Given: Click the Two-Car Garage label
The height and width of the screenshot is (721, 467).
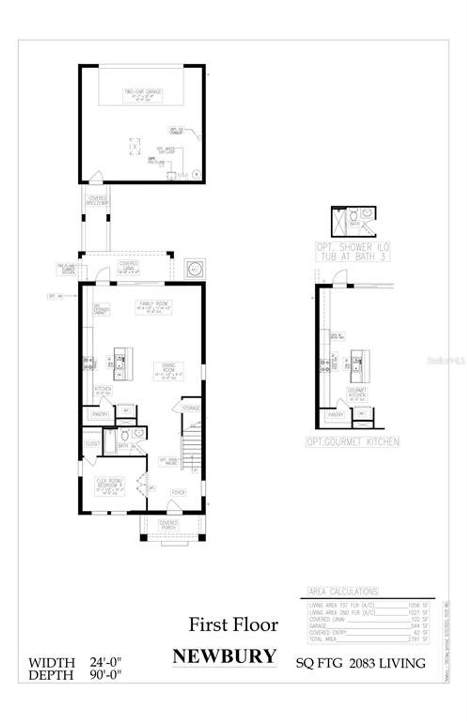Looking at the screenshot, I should (x=143, y=95).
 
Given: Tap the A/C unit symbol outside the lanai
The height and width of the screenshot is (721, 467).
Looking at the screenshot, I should (x=194, y=269).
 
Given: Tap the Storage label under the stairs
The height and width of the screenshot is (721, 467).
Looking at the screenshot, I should (x=191, y=408).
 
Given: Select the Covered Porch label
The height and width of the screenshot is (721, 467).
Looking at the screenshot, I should (x=169, y=525).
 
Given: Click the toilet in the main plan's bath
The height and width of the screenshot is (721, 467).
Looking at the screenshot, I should (x=125, y=435).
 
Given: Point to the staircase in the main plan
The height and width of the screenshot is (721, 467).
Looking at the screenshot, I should (x=192, y=448).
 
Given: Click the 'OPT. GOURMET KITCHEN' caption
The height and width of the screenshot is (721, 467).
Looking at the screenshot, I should (x=353, y=442).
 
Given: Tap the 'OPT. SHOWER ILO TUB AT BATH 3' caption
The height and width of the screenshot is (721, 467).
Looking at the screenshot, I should (x=353, y=252).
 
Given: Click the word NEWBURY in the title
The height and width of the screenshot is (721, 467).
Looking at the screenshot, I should (x=224, y=656).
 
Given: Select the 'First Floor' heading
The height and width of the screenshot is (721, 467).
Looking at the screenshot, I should (x=233, y=625).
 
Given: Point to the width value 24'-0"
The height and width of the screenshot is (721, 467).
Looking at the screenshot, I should (x=106, y=662).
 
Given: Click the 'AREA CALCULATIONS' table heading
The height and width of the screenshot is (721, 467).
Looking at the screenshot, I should (x=343, y=591).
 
